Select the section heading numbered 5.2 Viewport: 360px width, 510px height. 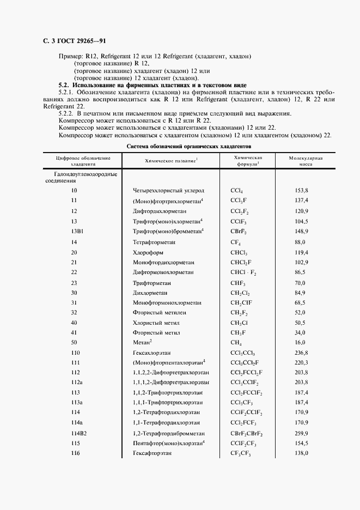(x=152, y=86)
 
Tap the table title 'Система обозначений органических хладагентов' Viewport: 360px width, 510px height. (x=189, y=147)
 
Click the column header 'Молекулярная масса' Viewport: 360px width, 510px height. (x=307, y=160)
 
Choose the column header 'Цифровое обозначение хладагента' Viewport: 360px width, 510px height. (x=83, y=160)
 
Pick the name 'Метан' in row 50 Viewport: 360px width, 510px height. (x=142, y=342)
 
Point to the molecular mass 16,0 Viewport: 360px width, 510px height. (x=301, y=342)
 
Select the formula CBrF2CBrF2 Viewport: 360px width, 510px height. (x=247, y=433)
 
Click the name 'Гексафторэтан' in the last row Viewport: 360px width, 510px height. (x=152, y=453)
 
